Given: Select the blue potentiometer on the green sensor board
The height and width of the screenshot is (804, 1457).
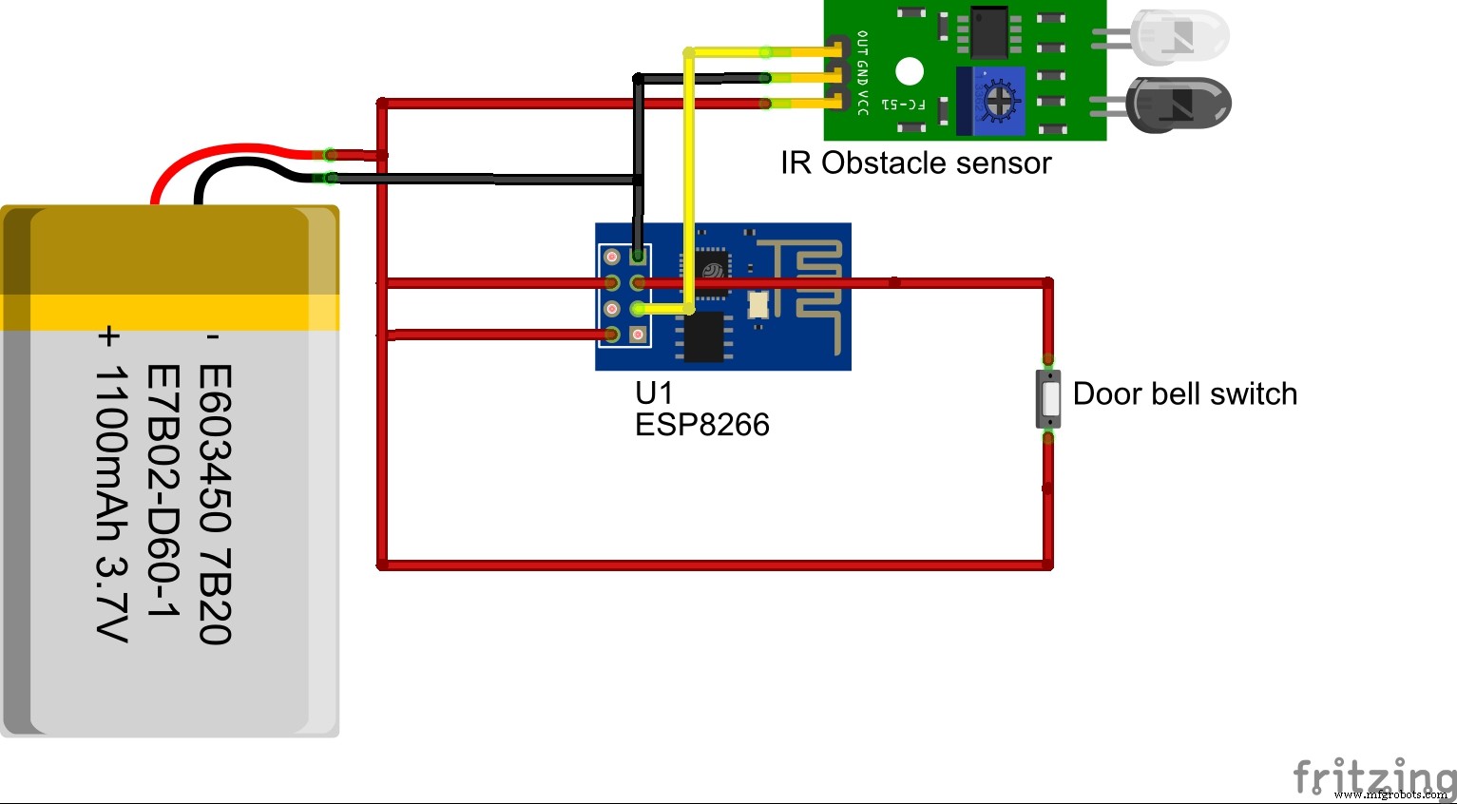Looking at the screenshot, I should (992, 100).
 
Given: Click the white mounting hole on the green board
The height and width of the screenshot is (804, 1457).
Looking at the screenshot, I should (910, 71).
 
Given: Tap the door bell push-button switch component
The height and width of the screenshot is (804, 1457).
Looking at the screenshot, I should (1048, 399).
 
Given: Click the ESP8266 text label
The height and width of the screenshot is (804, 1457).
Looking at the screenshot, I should (701, 425).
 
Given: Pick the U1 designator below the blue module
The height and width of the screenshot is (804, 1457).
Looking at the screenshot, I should (654, 392).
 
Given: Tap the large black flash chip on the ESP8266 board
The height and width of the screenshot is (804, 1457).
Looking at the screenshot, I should (704, 337).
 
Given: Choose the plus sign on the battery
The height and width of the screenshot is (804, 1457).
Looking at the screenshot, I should (110, 336).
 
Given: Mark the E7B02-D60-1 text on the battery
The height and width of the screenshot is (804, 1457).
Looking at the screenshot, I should (163, 491).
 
